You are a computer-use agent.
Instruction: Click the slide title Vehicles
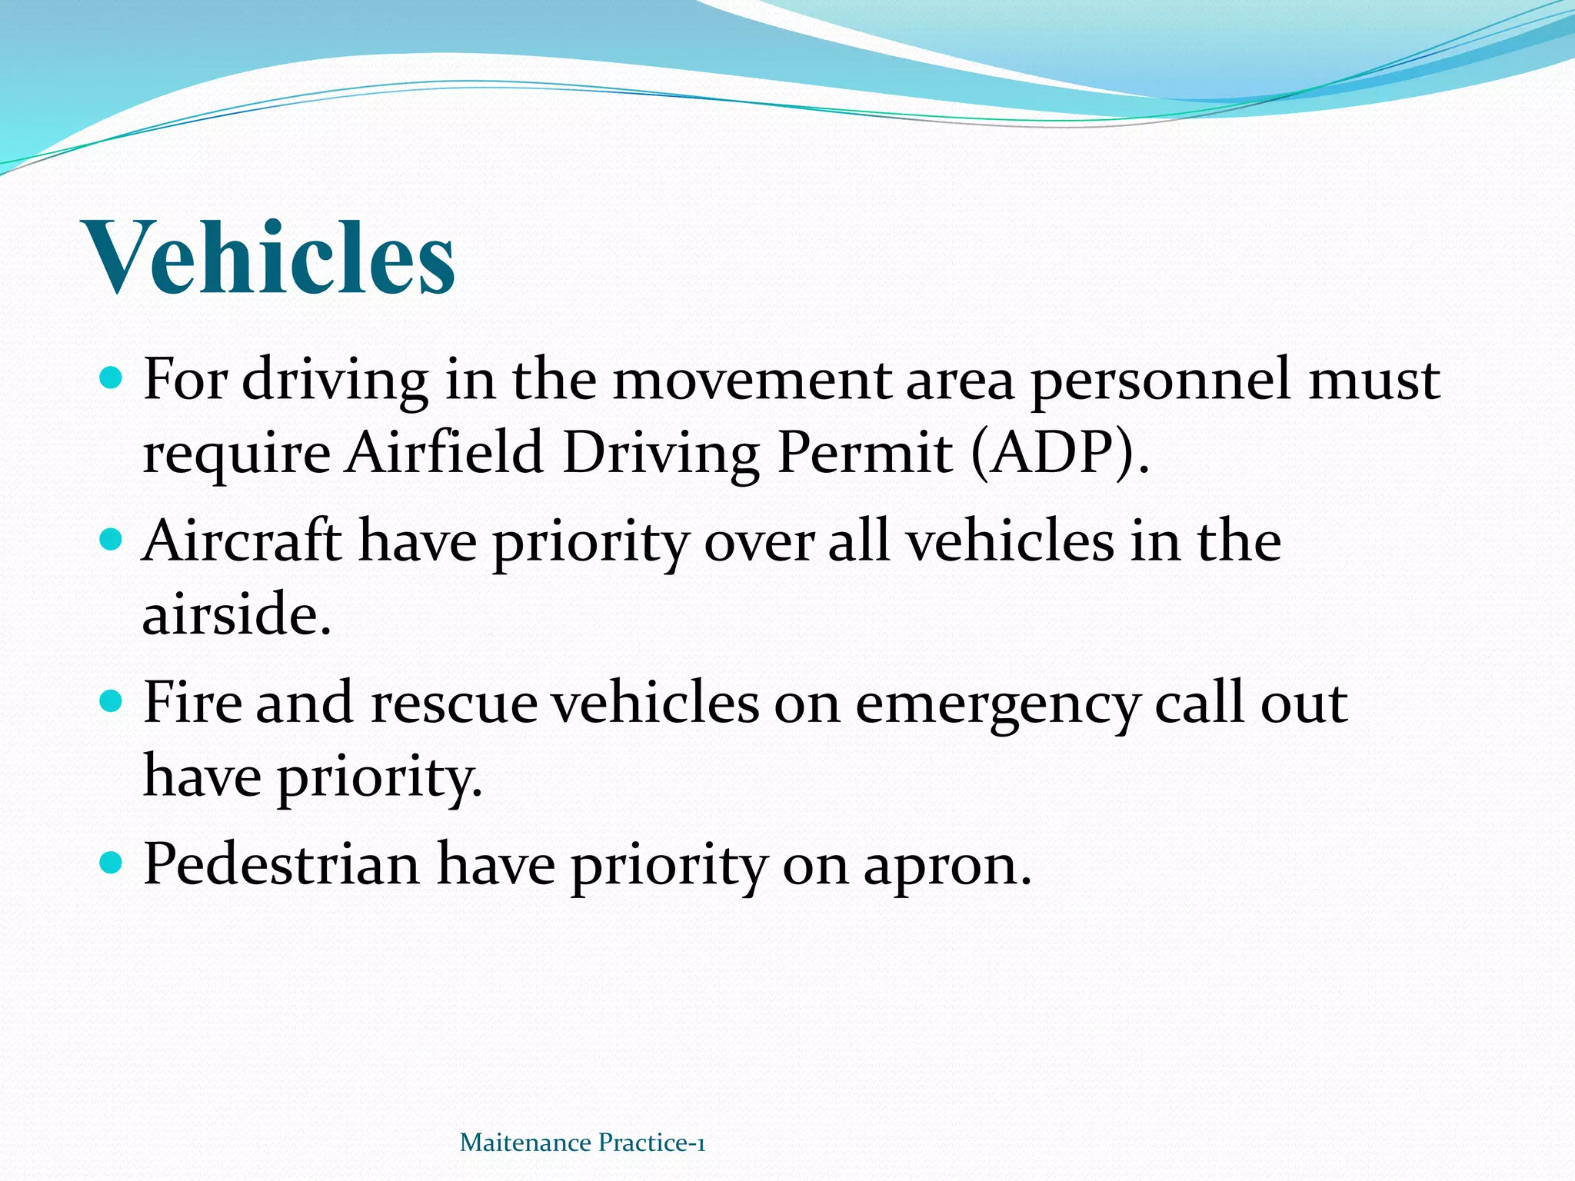pos(271,257)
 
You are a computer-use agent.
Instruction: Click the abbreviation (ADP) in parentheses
pos(1059,453)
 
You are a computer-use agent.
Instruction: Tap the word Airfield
pos(445,453)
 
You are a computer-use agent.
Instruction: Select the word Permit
pos(864,453)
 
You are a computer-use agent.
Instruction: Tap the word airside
pos(236,614)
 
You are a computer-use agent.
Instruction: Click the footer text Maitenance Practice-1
pos(582,1143)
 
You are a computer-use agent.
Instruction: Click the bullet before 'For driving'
pos(112,378)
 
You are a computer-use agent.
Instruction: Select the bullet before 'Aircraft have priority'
pos(112,539)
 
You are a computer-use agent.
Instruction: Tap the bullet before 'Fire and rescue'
pos(112,700)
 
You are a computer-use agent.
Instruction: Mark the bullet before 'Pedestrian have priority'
pos(112,862)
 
